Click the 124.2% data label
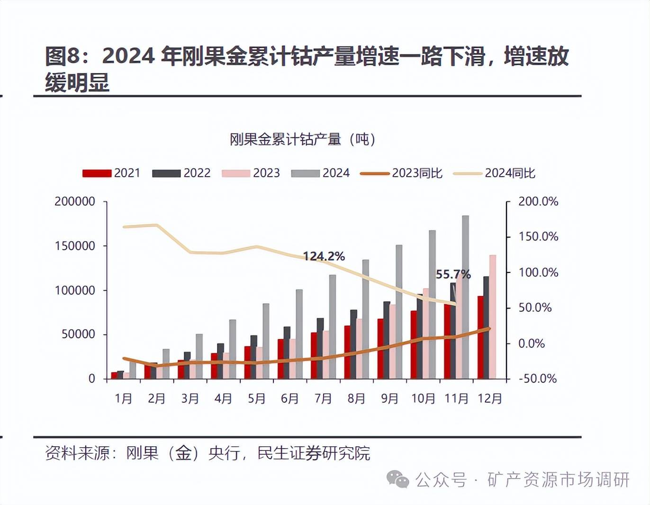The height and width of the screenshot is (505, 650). pos(324,256)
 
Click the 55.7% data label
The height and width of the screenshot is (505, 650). pos(453,274)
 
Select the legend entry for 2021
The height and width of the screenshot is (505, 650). pos(111,173)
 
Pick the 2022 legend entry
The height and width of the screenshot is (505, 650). pos(181,173)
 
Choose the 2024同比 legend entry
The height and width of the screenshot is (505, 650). pos(494,173)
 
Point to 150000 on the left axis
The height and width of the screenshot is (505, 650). pos(75,246)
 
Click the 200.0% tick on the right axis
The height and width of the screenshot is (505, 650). pos(538,201)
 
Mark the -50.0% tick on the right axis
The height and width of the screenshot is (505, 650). pos(537,379)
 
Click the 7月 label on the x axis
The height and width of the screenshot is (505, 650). pos(323,398)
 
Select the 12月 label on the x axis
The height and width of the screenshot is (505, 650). pos(489,398)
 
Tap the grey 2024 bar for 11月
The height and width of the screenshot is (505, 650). pos(466,297)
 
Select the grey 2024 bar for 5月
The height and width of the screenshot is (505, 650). pos(266,341)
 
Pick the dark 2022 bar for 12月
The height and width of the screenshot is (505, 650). pos(486,327)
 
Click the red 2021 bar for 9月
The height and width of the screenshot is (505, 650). pos(380,349)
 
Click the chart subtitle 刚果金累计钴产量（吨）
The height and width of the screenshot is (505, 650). pos(302,139)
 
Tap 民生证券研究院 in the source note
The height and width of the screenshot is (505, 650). pos(314,453)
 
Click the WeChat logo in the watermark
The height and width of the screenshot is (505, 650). pos(397,479)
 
